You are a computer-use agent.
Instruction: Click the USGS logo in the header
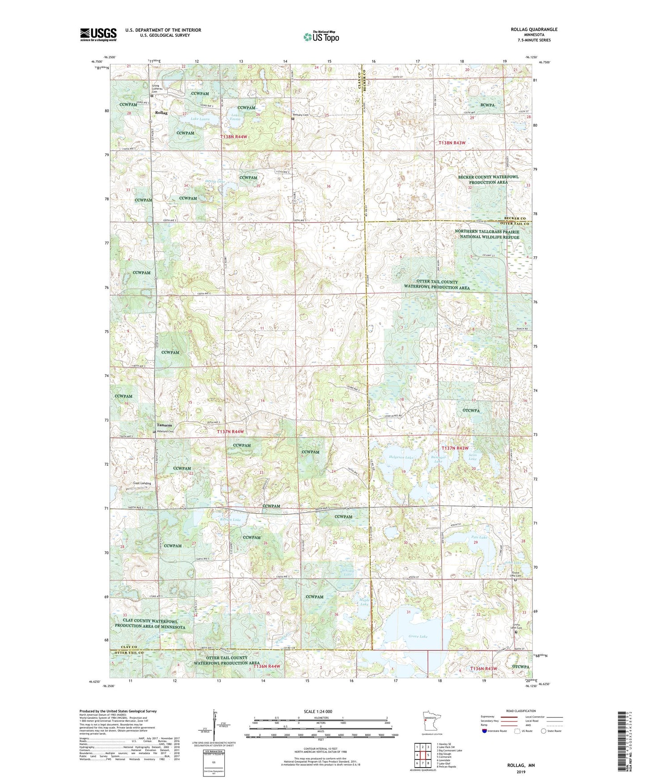98,34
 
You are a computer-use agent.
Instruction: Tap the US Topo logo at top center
321,37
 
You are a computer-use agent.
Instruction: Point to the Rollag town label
161,113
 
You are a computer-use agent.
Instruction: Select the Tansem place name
164,425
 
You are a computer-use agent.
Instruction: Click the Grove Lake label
418,636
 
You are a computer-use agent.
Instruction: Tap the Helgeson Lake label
401,458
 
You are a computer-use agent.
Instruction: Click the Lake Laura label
200,119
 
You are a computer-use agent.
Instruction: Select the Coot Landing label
142,483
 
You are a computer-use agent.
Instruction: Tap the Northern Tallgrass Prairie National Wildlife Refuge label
487,234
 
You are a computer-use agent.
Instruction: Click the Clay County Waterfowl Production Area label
150,624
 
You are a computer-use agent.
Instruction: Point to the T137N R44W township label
230,432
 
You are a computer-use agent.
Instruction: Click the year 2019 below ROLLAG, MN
521,772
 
